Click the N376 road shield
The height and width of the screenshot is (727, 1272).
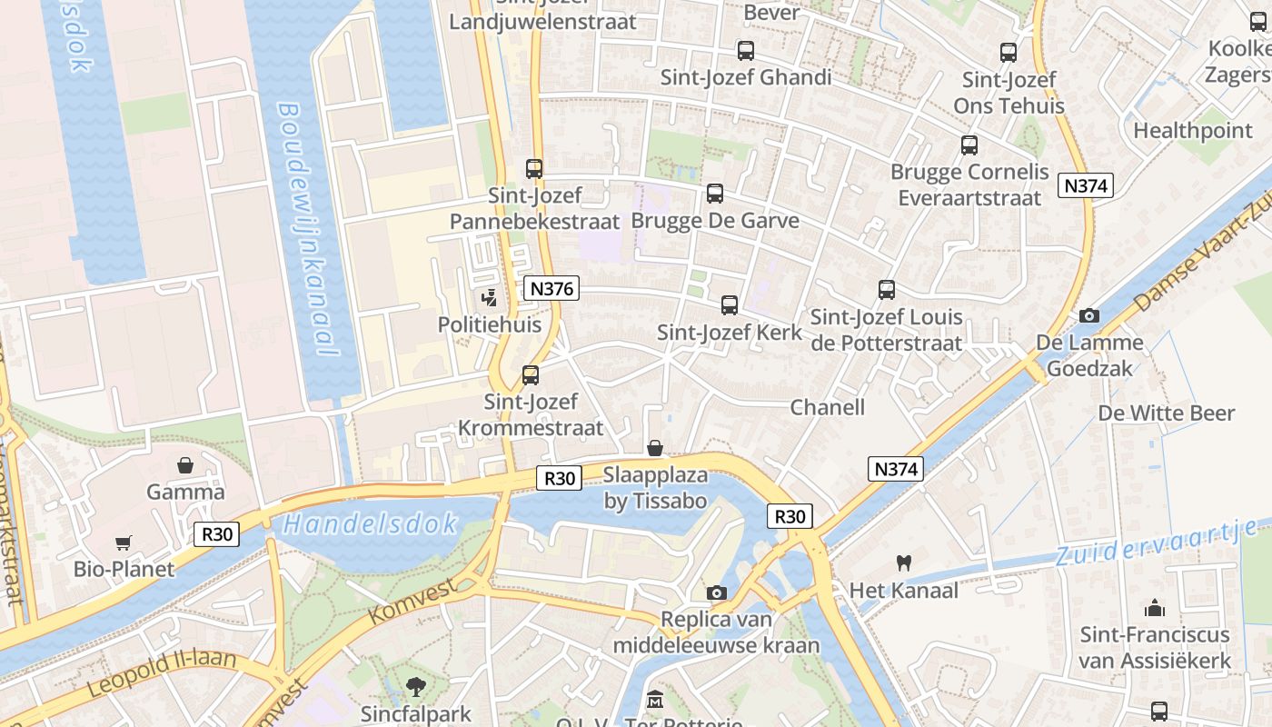click(x=552, y=289)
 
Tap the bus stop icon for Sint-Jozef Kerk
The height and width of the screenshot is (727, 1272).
click(x=730, y=305)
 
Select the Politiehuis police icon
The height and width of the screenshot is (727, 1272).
click(x=490, y=297)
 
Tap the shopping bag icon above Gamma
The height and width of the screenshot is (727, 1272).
click(x=185, y=465)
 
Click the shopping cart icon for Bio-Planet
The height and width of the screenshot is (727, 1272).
click(x=124, y=543)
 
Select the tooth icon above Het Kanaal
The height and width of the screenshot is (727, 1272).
click(x=903, y=563)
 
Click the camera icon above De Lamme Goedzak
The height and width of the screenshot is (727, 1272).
click(x=1088, y=316)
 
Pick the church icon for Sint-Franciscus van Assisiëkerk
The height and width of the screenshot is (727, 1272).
click(x=1155, y=607)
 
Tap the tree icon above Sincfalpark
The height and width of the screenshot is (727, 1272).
click(x=416, y=686)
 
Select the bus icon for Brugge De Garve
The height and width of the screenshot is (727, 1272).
click(x=715, y=194)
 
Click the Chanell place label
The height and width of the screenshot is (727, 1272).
click(x=827, y=407)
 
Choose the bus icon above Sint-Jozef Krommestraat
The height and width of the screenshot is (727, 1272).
click(x=531, y=374)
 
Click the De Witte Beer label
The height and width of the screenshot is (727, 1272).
click(x=1167, y=413)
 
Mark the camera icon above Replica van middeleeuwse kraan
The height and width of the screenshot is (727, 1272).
click(x=717, y=593)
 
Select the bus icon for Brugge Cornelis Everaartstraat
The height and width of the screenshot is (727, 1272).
click(x=969, y=145)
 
